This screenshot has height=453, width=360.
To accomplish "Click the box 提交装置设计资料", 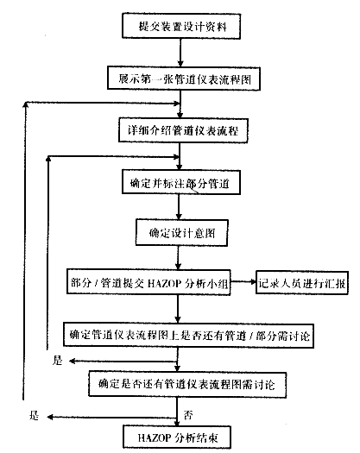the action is point(181,26).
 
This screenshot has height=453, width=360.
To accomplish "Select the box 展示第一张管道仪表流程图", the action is point(184,79).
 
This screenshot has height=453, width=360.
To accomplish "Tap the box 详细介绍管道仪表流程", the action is point(183,130).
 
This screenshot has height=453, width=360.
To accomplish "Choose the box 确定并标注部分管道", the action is point(181,182).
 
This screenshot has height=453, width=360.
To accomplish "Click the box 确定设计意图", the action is point(182,233).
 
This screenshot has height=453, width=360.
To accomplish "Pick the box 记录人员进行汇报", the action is point(302,283).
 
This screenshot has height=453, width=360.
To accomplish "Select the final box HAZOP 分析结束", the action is point(177,437).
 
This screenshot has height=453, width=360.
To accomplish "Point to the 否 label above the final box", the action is point(188,415).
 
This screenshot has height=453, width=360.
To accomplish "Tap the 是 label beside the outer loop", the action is point(35,415).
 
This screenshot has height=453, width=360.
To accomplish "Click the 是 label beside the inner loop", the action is point(57,361).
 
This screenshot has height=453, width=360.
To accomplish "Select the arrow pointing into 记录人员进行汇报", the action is point(243,281).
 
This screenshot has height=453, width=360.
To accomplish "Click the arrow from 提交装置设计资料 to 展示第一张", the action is point(180,53).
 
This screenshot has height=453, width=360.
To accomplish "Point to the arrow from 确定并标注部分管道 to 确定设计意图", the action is point(179,207).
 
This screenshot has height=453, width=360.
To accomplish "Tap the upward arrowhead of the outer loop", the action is point(25,105).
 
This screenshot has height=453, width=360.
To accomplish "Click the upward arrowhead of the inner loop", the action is point(48,159).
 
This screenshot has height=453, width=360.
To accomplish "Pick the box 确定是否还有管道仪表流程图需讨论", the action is point(187,385).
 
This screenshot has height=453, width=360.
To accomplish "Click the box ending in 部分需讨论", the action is point(188,336).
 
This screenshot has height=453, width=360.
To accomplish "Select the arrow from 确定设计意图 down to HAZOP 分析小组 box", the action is point(178,258).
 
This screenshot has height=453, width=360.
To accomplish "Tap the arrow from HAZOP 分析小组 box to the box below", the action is point(178,309).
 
